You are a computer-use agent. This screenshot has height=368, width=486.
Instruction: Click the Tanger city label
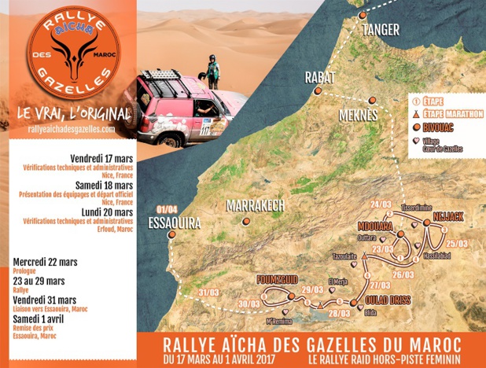point(381,30)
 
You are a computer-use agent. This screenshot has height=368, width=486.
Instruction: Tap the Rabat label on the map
point(320,78)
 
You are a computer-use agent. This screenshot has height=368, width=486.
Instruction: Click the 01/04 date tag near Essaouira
point(168,209)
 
